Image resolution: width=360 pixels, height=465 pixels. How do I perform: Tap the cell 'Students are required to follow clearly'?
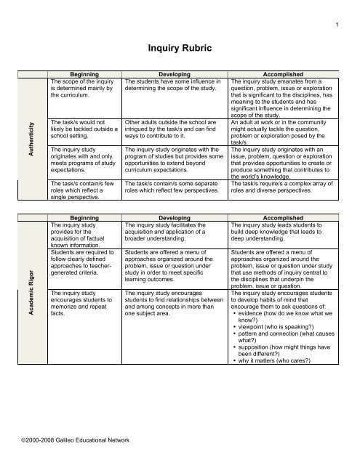[x=79, y=267]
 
